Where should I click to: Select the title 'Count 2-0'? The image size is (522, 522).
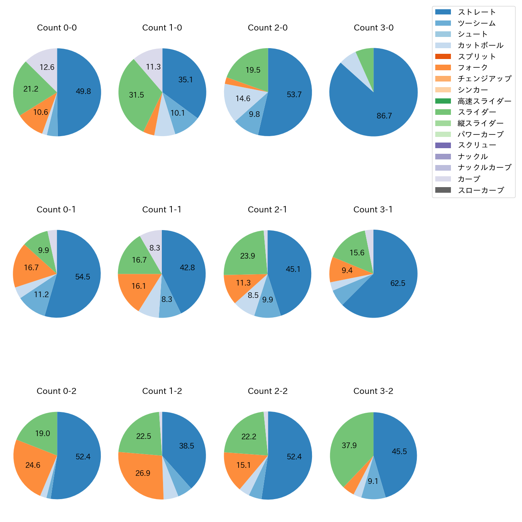(x=268, y=28)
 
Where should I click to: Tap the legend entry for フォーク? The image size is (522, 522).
(x=473, y=67)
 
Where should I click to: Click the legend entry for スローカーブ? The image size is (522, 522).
(x=481, y=190)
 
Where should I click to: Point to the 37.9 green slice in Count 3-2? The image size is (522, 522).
(x=349, y=446)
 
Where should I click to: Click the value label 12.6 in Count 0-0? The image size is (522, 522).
(x=47, y=67)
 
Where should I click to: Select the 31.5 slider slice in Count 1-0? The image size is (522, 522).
(x=137, y=95)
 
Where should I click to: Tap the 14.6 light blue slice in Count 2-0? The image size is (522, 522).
(x=243, y=99)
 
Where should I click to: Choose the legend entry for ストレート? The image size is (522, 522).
(x=477, y=12)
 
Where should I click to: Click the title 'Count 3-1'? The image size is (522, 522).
(x=373, y=210)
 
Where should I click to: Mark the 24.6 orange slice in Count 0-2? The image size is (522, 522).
(x=33, y=465)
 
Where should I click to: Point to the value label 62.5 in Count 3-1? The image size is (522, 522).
(x=398, y=283)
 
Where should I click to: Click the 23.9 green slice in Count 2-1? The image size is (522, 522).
(x=248, y=256)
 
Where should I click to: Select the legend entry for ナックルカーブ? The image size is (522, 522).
(x=484, y=168)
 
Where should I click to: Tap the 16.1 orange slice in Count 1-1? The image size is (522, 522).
(x=139, y=286)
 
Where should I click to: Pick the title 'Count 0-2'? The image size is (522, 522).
(x=57, y=391)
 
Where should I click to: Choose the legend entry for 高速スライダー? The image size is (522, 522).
(x=484, y=101)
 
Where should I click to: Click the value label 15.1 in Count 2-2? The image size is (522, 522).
(x=243, y=465)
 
